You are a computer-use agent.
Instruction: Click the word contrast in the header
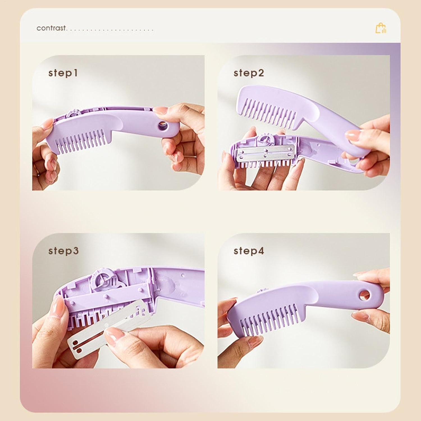pos(51,28)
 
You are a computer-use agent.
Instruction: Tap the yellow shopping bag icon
pos(381,28)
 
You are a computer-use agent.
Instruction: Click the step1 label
pos(63,73)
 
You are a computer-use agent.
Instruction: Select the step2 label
pos(249,73)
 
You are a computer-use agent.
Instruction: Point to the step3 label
pos(63,251)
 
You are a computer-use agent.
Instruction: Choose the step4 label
pos(249,251)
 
